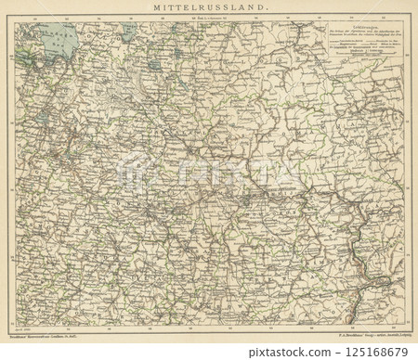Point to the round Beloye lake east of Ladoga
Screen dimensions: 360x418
(153, 66)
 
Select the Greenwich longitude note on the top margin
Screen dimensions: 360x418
(208, 17)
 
